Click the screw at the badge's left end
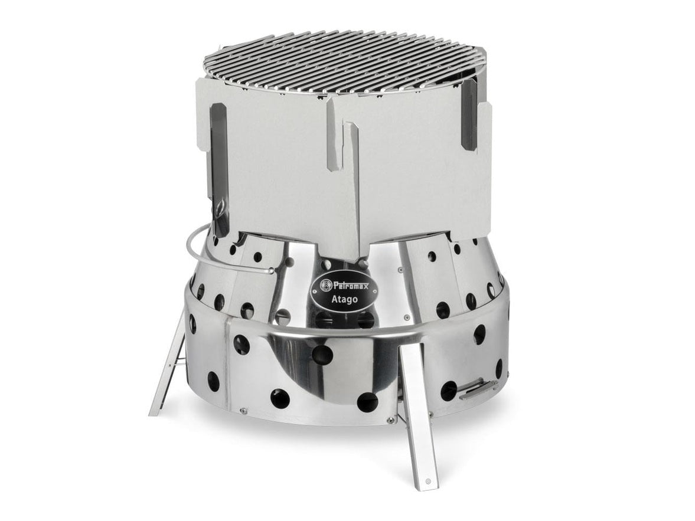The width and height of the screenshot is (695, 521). coord(315,291)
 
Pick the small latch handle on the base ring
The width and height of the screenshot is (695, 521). coord(475,390)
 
